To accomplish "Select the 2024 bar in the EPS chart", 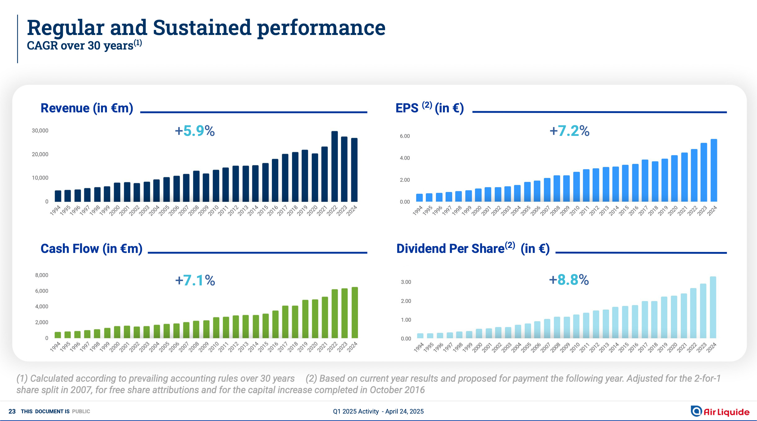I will pos(714,171).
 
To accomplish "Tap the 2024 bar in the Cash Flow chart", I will pos(355,313).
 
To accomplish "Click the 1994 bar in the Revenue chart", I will pos(58,196).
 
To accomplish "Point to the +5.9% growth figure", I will pos(195,131).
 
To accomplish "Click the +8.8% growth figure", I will pos(569,280).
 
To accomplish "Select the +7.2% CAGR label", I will pos(569,131).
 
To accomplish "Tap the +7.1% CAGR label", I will pos(195,280).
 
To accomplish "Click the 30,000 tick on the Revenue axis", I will pos(40,131).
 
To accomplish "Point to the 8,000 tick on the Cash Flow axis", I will pos(42,275).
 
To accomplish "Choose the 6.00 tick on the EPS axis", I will pos(405,136).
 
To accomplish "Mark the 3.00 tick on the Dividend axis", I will pos(406,282).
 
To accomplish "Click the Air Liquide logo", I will pos(720,411).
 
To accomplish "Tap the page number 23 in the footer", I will pos(12,411).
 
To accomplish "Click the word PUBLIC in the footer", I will pos(81,411).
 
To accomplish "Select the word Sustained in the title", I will pos(202,28).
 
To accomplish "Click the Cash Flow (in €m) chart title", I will pos(91,249).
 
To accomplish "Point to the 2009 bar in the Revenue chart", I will pos(206,188).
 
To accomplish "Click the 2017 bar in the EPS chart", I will pos(645,181).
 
